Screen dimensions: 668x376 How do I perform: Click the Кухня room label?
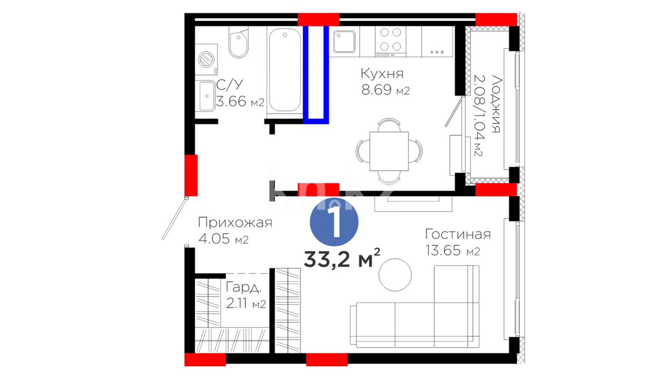pyautogui.click(x=382, y=73)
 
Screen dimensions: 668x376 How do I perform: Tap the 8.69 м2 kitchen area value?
pyautogui.click(x=385, y=90)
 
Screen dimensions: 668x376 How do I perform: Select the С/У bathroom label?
pyautogui.click(x=229, y=85)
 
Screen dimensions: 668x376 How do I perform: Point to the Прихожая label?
pyautogui.click(x=235, y=222)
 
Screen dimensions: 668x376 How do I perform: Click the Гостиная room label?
pyautogui.click(x=458, y=234)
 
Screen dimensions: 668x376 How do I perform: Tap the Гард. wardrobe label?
pyautogui.click(x=244, y=287)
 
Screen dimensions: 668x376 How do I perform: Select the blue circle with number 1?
pyautogui.click(x=334, y=222)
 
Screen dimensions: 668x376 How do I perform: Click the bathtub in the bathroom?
pyautogui.click(x=285, y=70)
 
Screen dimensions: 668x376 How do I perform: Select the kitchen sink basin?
pyautogui.click(x=344, y=42)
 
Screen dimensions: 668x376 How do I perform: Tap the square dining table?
pyautogui.click(x=389, y=151)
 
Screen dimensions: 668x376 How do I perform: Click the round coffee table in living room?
pyautogui.click(x=395, y=275)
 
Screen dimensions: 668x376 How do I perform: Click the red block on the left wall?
pyautogui.click(x=191, y=175)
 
